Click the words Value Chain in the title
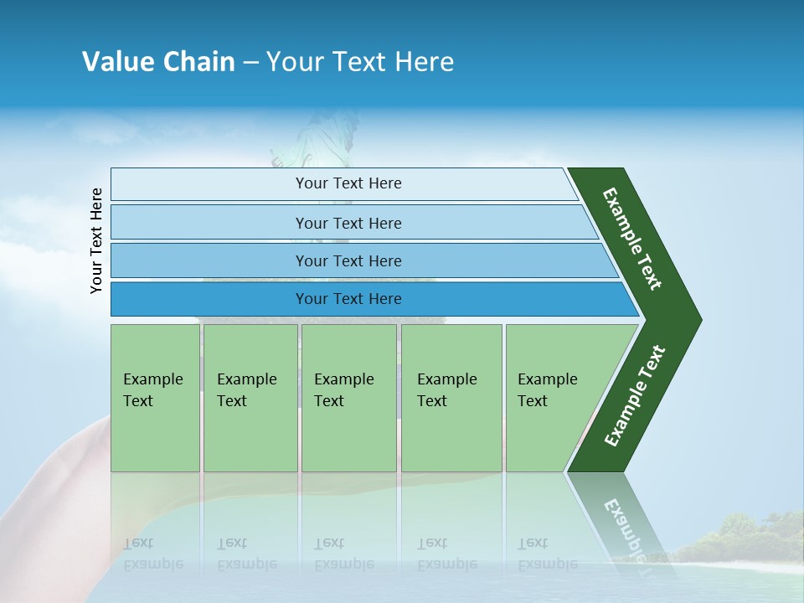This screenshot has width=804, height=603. pyautogui.click(x=158, y=62)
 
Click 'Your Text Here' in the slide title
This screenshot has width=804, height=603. pyautogui.click(x=360, y=62)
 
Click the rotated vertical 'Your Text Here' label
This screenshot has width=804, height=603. pyautogui.click(x=96, y=240)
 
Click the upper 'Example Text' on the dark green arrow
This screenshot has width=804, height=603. pyautogui.click(x=632, y=238)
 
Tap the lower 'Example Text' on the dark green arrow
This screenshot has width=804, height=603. pyautogui.click(x=635, y=395)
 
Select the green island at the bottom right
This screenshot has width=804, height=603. pyautogui.click(x=737, y=540)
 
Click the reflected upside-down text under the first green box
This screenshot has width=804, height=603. pyautogui.click(x=152, y=554)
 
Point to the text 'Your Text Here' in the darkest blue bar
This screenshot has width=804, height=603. pyautogui.click(x=348, y=299)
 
